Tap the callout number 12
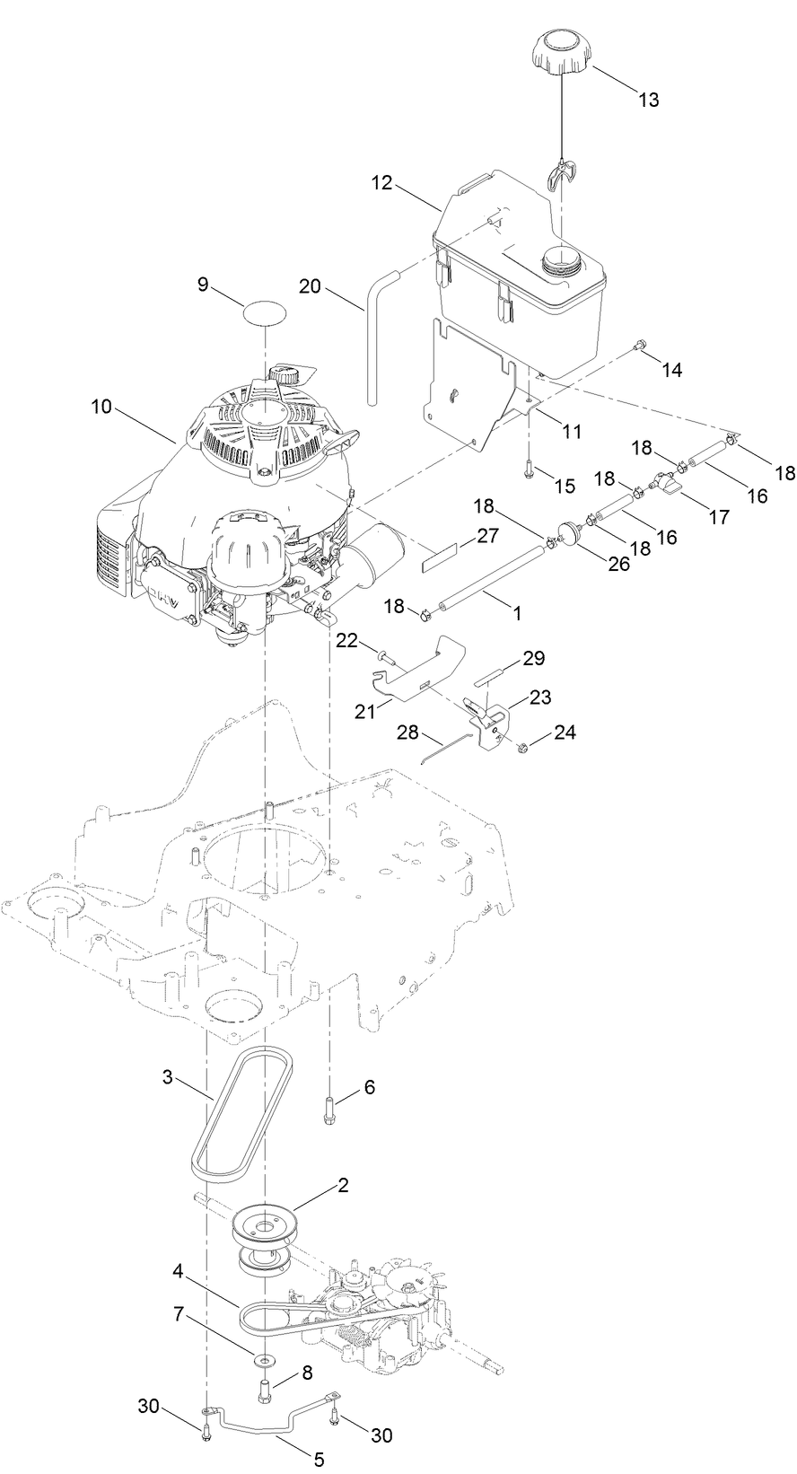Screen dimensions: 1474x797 [x=382, y=183]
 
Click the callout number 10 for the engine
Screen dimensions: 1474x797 [x=102, y=407]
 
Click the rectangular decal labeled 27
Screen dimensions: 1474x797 [x=445, y=563]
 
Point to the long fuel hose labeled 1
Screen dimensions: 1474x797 [x=486, y=584]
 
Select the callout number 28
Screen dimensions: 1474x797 [x=409, y=733]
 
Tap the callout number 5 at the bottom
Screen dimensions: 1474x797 [x=319, y=1460]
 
